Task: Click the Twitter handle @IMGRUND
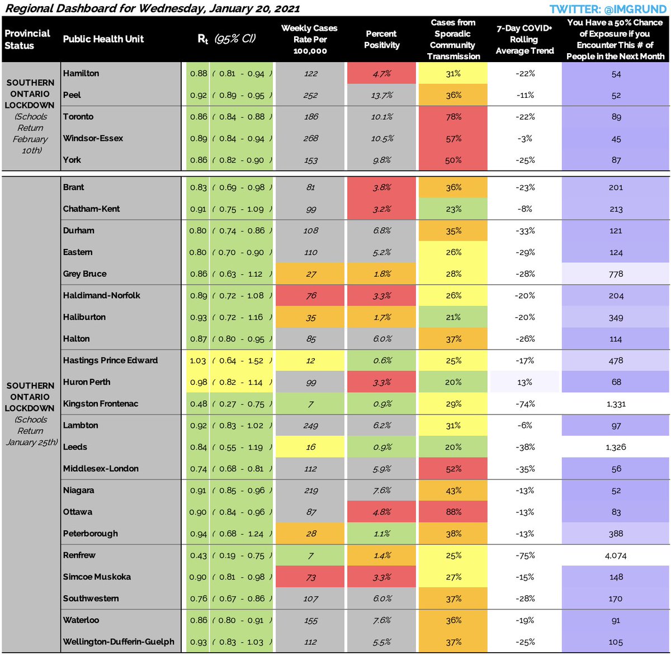click(x=609, y=8)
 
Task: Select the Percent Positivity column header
click(x=381, y=39)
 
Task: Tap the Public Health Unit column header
click(x=103, y=39)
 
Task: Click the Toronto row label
click(x=78, y=116)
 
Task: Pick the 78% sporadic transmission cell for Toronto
click(x=453, y=116)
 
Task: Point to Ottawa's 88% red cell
click(x=453, y=512)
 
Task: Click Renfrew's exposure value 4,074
click(x=616, y=555)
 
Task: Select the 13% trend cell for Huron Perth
click(x=524, y=382)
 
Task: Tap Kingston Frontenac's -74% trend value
click(x=524, y=404)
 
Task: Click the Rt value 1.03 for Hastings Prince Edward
click(x=198, y=361)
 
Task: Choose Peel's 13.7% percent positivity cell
click(x=381, y=95)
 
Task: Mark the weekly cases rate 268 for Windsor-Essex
click(x=311, y=138)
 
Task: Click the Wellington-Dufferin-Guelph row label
click(x=119, y=642)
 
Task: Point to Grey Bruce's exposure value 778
click(x=616, y=274)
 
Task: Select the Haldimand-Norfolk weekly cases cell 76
click(x=311, y=296)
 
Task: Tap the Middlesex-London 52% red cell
click(x=453, y=469)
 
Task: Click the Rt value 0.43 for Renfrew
click(x=198, y=555)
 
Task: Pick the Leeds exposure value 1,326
click(x=616, y=447)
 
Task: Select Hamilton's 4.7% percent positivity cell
click(x=381, y=73)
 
